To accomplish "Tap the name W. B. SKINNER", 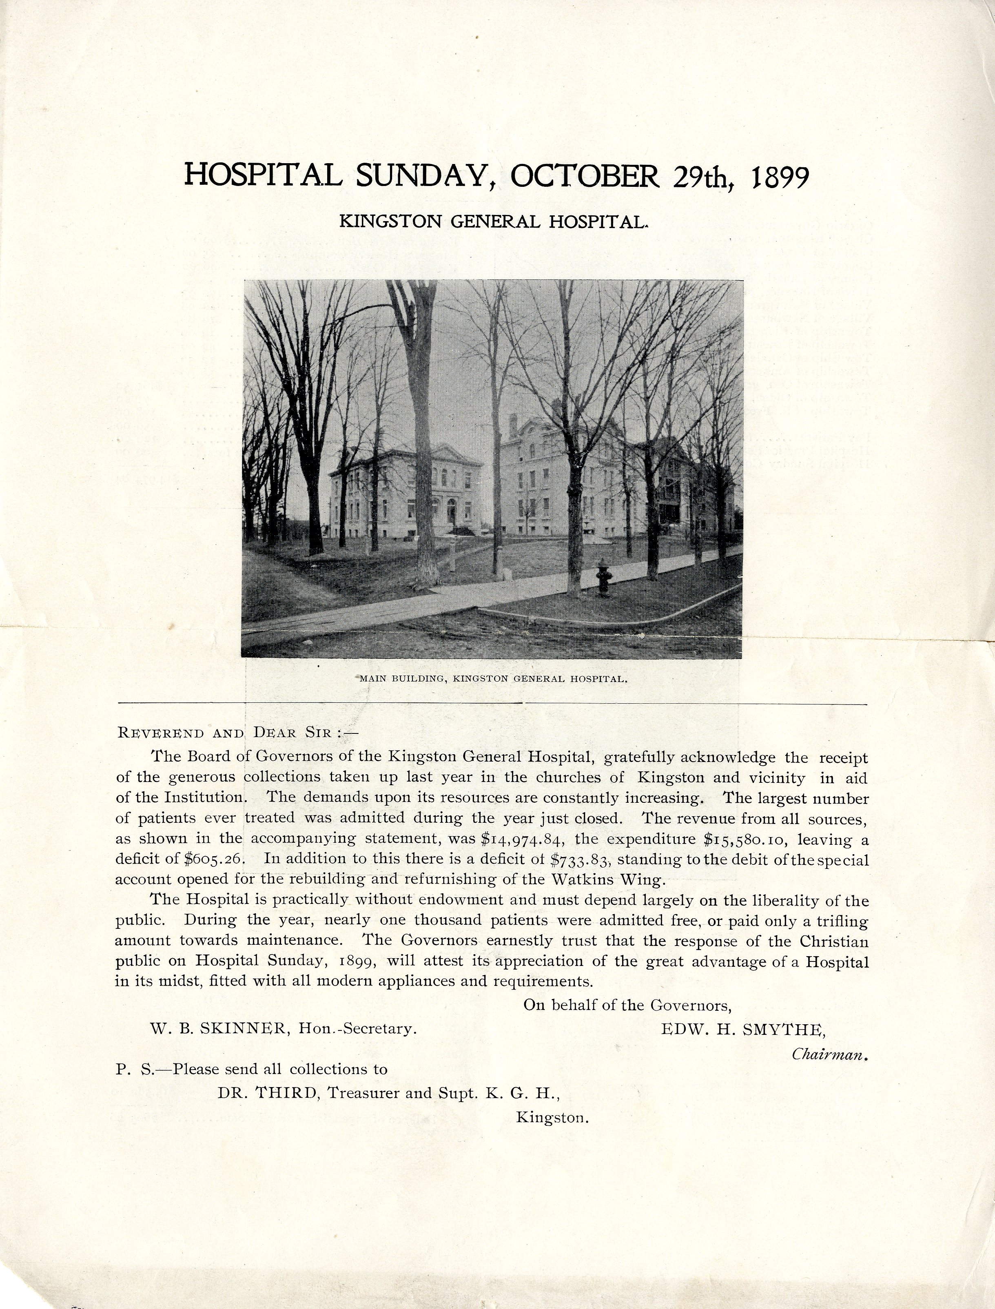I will click(x=219, y=1029).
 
